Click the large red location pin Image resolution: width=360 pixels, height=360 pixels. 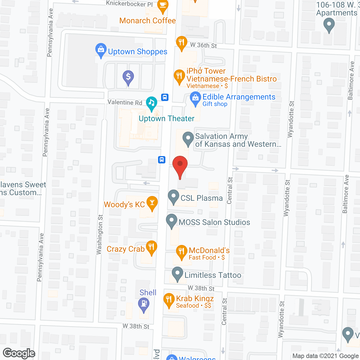pos(180,166)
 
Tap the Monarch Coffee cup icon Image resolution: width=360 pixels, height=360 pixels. pos(163,6)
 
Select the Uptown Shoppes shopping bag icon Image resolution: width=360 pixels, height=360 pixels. pos(101,50)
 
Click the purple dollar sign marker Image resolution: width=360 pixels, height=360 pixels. pos(128,77)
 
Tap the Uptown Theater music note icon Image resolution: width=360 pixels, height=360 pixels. pos(152,103)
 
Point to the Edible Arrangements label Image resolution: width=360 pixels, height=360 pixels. pos(239,97)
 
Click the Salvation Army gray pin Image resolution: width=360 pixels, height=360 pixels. pos(188,139)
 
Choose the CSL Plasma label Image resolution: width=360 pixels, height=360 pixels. pos(201,198)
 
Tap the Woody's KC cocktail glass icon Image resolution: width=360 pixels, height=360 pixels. pos(152,203)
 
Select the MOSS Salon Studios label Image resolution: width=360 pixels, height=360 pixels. pos(214,222)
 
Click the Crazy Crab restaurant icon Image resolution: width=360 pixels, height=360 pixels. pos(152,248)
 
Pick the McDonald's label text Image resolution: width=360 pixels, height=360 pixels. pos(209,250)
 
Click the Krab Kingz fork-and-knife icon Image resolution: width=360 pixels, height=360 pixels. pos(169,300)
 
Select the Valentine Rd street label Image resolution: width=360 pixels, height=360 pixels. pos(125,102)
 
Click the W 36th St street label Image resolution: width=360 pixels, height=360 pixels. pos(203,45)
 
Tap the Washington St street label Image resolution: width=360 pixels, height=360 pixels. pos(100,235)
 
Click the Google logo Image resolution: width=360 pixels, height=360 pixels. pos(19,353)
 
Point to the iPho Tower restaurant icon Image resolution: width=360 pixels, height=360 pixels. pos(179,76)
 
